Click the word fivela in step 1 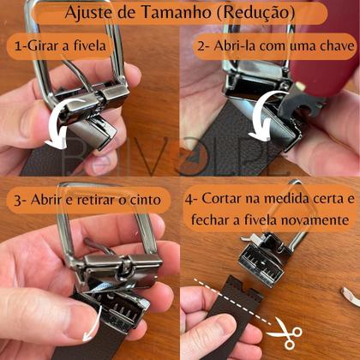[x=90, y=45]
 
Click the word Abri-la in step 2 [x=232, y=45]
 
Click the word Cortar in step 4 [x=220, y=199]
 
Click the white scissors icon [x=285, y=332]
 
